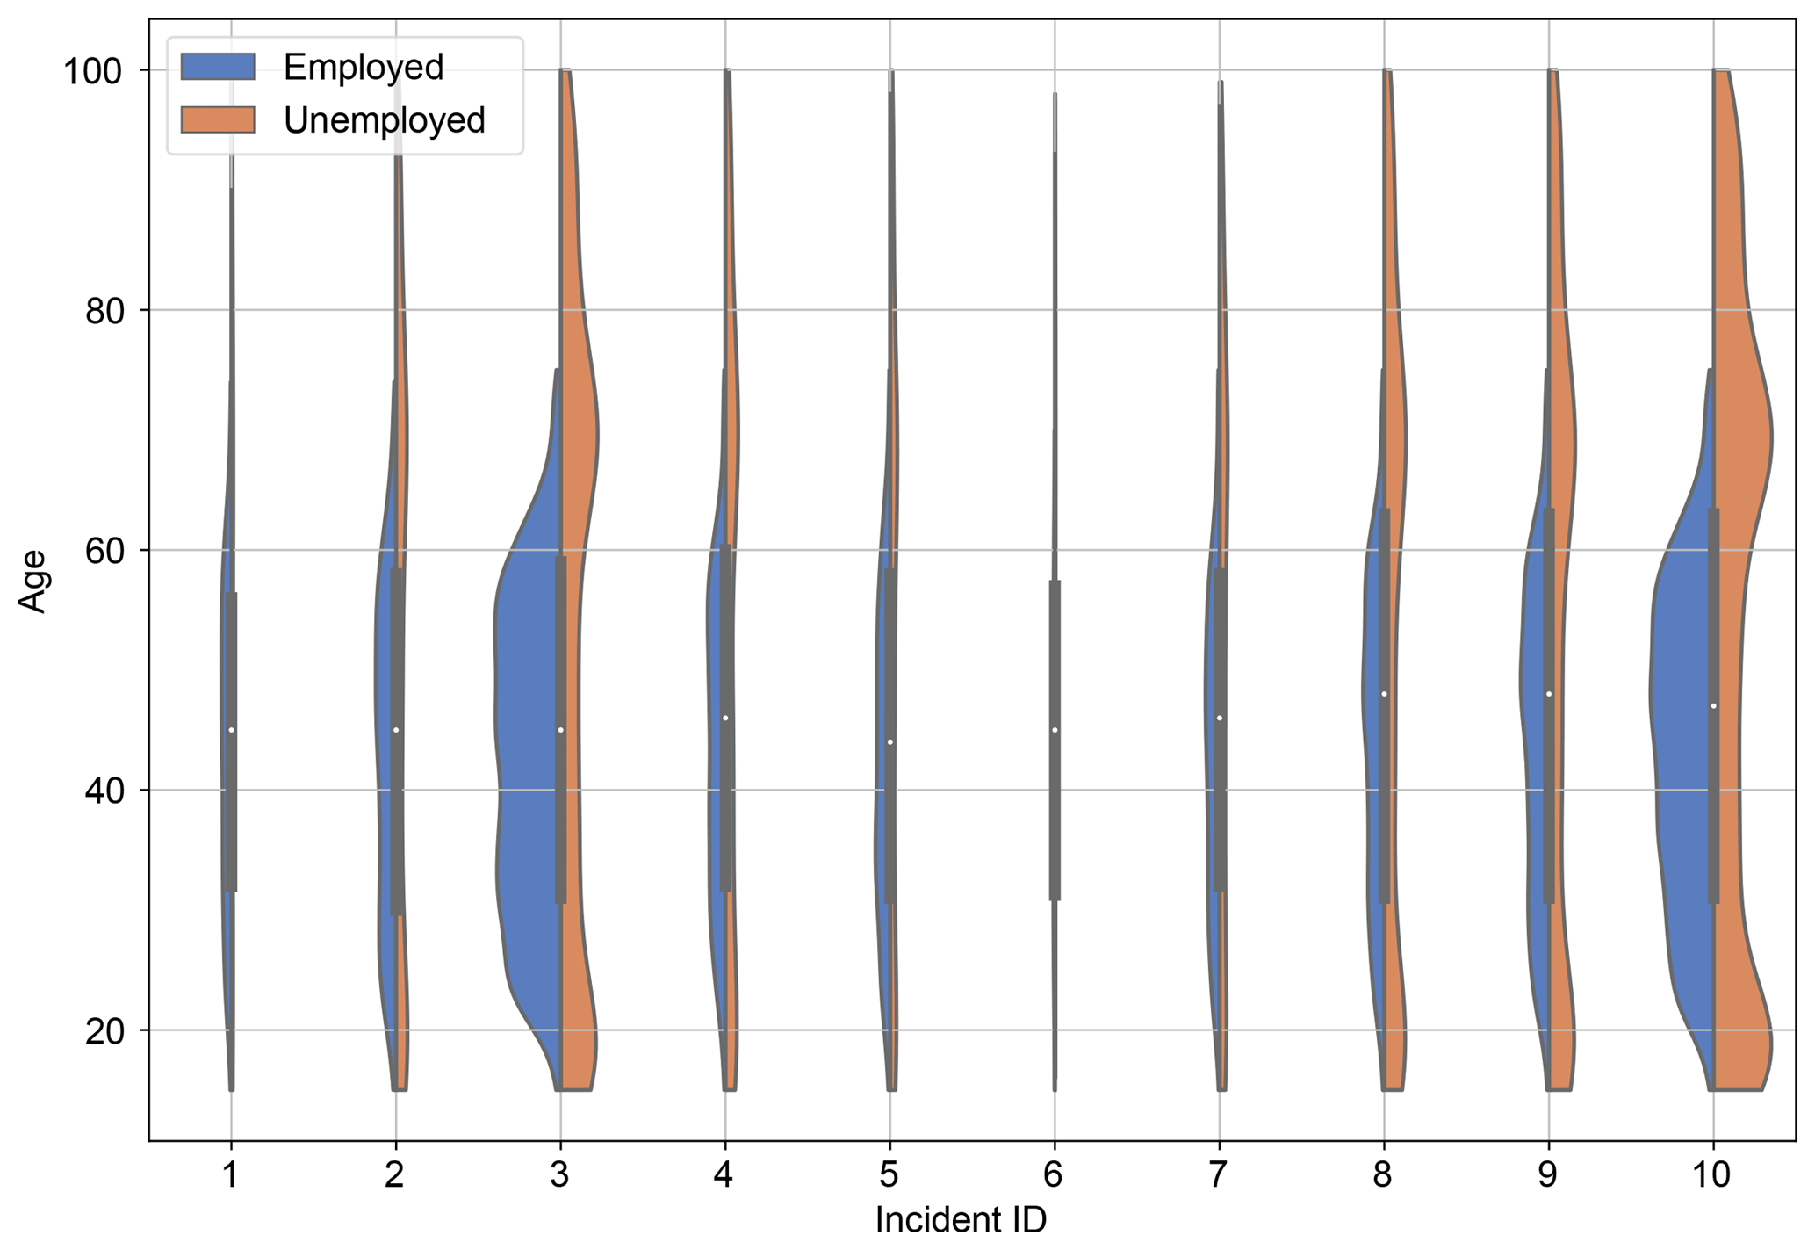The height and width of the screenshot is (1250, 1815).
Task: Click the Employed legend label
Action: click(363, 68)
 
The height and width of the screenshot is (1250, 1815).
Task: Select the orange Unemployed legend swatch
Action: click(218, 119)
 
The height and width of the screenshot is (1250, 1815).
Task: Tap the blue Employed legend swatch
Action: click(218, 67)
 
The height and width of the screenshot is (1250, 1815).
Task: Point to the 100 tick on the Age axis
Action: click(91, 70)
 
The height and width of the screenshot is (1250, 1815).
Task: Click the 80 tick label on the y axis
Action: click(103, 310)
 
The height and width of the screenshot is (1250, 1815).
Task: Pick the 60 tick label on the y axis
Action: click(103, 550)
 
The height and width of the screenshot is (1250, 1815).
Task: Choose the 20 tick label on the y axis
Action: click(103, 1030)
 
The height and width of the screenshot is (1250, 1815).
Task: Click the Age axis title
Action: click(33, 581)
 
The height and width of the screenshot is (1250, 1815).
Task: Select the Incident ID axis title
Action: click(961, 1220)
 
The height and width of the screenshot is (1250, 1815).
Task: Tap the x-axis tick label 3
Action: click(559, 1174)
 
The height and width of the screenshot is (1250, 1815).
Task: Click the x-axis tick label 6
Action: click(1054, 1174)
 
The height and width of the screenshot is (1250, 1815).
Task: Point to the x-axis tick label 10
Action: click(1711, 1174)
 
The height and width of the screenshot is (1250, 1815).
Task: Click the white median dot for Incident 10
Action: click(1713, 706)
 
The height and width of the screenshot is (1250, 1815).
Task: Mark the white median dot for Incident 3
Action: click(560, 730)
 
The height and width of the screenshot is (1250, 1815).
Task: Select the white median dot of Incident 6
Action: click(1055, 730)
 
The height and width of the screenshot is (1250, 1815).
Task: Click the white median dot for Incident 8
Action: click(1384, 694)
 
